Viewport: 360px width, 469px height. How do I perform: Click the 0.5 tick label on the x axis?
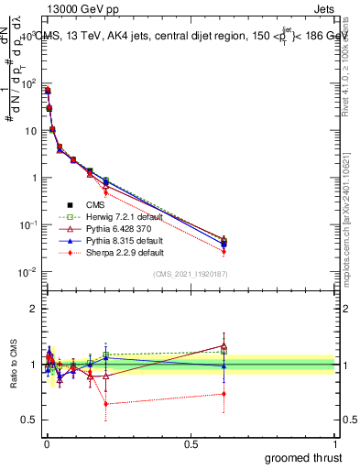[191, 444]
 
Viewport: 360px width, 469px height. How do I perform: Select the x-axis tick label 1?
[336, 444]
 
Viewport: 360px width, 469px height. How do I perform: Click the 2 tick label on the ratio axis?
[34, 309]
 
